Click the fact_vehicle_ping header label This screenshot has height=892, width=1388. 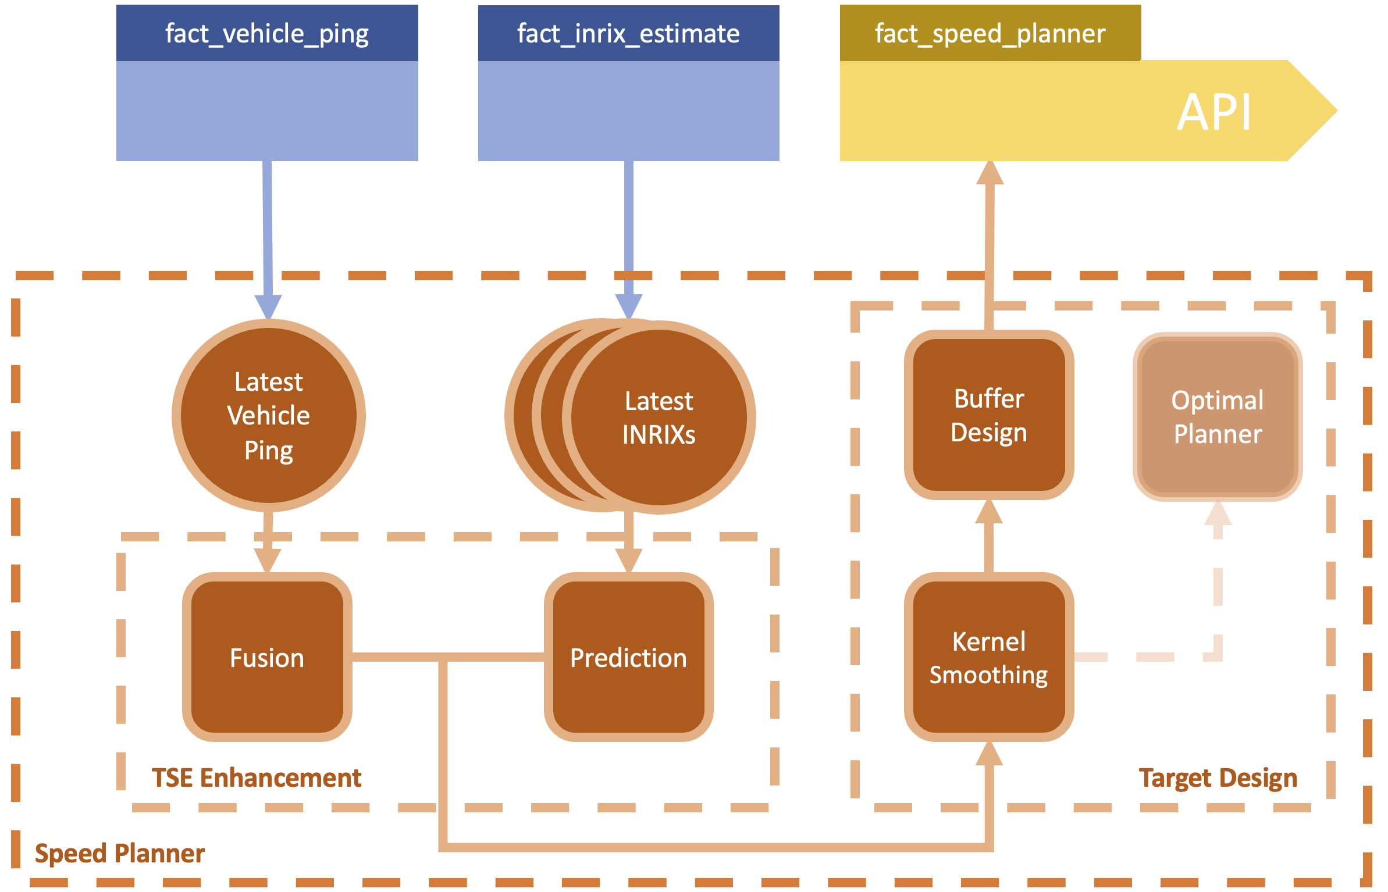(x=267, y=34)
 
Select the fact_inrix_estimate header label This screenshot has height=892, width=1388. (x=628, y=34)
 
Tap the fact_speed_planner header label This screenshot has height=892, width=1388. (x=990, y=34)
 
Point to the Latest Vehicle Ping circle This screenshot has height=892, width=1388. (x=268, y=415)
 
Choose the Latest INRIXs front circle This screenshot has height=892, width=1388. (x=659, y=417)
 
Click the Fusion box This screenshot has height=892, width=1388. (x=267, y=657)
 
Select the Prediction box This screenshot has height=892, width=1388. (x=628, y=657)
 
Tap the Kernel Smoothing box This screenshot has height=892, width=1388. (x=988, y=657)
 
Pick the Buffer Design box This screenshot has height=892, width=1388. (x=988, y=415)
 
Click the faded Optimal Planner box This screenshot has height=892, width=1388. (x=1218, y=416)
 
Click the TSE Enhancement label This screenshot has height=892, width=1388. (x=257, y=777)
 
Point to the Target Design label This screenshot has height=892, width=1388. (x=1218, y=777)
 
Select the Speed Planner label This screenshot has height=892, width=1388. (x=120, y=853)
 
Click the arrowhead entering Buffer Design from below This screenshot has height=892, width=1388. (x=988, y=512)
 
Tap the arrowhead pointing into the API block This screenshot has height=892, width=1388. (x=990, y=173)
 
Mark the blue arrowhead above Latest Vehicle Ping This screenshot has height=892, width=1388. (x=268, y=306)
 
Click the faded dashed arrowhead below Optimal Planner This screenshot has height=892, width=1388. (x=1218, y=513)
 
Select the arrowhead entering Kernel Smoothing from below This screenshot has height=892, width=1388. (x=988, y=754)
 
